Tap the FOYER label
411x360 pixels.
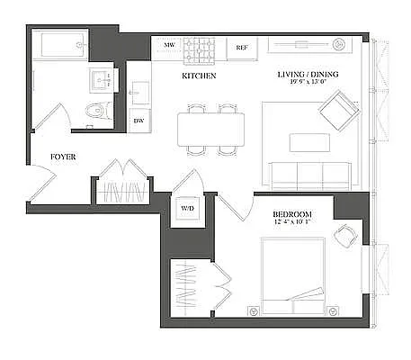pos(62,157)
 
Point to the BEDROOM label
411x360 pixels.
pos(292,213)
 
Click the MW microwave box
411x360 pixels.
pos(168,45)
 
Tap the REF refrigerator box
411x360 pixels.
pos(241,47)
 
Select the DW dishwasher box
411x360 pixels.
pos(139,120)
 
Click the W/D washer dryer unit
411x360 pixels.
pos(188,208)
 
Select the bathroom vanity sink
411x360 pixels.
pos(103,79)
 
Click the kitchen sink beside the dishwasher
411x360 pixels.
pos(139,91)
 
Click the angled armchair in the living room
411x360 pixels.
pos(338,112)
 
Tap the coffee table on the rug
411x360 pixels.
pos(308,142)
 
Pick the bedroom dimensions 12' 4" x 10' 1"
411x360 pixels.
pos(292,223)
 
